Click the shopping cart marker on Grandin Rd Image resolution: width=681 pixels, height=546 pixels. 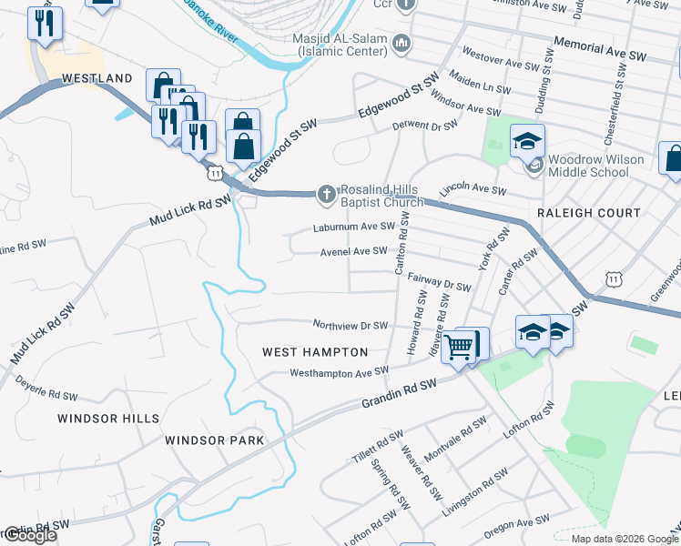(460, 346)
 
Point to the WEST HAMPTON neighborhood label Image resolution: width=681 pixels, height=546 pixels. (315, 351)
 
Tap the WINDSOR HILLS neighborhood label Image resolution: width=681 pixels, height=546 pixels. (108, 419)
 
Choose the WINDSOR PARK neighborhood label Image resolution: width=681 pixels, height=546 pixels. (214, 440)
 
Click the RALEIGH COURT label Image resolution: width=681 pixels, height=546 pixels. (589, 213)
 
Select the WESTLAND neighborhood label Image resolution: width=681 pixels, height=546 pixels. (97, 79)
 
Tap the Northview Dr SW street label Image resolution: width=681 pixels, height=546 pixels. (351, 325)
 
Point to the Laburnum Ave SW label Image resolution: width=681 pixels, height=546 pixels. (354, 226)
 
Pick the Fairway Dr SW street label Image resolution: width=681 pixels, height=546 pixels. (439, 282)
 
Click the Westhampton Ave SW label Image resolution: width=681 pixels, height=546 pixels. (339, 372)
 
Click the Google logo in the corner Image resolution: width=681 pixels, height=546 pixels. (29, 535)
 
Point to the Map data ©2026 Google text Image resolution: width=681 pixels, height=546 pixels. (624, 539)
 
